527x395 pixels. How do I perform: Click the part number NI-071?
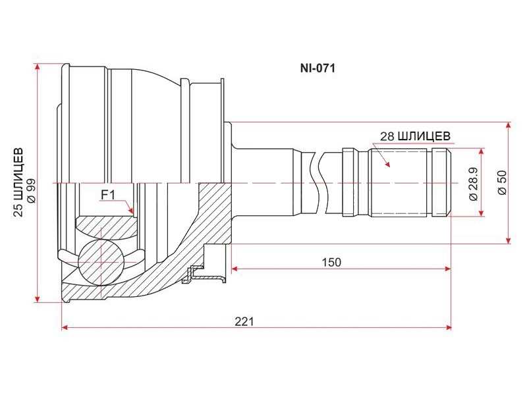pyautogui.click(x=318, y=68)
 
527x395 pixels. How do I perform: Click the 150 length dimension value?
pyautogui.click(x=331, y=262)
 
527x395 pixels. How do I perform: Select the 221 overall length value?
pyautogui.click(x=244, y=321)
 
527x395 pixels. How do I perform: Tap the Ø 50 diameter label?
pyautogui.click(x=502, y=183)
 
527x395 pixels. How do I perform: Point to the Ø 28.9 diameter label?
pyautogui.click(x=474, y=183)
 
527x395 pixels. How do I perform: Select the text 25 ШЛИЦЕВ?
pyautogui.click(x=20, y=182)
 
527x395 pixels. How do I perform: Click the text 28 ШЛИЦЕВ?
pyautogui.click(x=416, y=136)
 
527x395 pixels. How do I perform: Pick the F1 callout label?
pyautogui.click(x=108, y=195)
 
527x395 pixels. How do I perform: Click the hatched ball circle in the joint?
pyautogui.click(x=101, y=262)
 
